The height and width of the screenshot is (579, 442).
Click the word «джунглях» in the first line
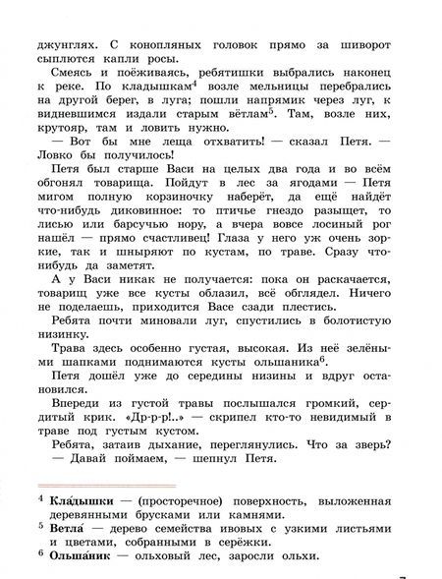pos(67,16)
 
